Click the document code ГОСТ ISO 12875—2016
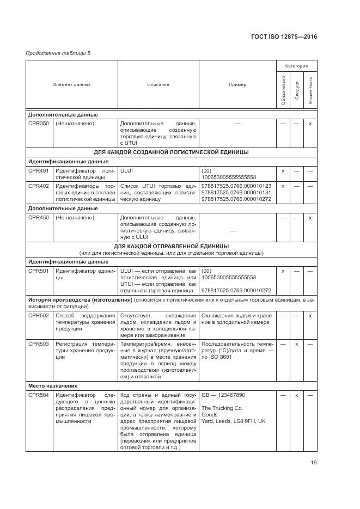(284, 36)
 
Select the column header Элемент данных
(71, 84)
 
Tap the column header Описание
(158, 84)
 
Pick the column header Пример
(237, 84)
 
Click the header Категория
(296, 66)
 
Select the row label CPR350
(39, 124)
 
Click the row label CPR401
(39, 171)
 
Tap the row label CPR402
(39, 186)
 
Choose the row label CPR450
(39, 218)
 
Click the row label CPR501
(39, 271)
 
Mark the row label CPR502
(39, 316)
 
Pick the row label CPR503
(39, 344)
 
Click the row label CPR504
(39, 395)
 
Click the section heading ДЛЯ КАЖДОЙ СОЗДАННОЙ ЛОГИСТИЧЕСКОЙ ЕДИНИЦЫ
(172, 152)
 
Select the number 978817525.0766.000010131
(236, 193)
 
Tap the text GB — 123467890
(223, 395)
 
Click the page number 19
(313, 463)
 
